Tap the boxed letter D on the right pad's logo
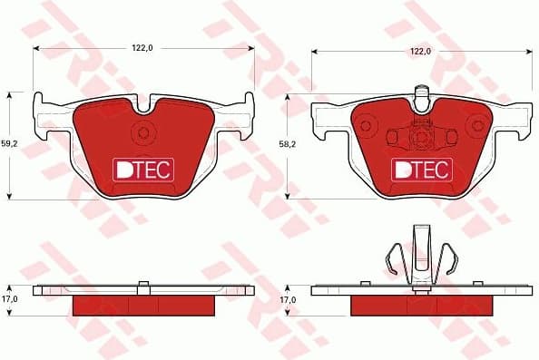401,169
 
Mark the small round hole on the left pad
143,133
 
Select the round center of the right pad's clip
420,137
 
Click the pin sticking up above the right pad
420,93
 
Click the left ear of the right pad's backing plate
319,114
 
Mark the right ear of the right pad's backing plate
521,114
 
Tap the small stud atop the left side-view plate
143,286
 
